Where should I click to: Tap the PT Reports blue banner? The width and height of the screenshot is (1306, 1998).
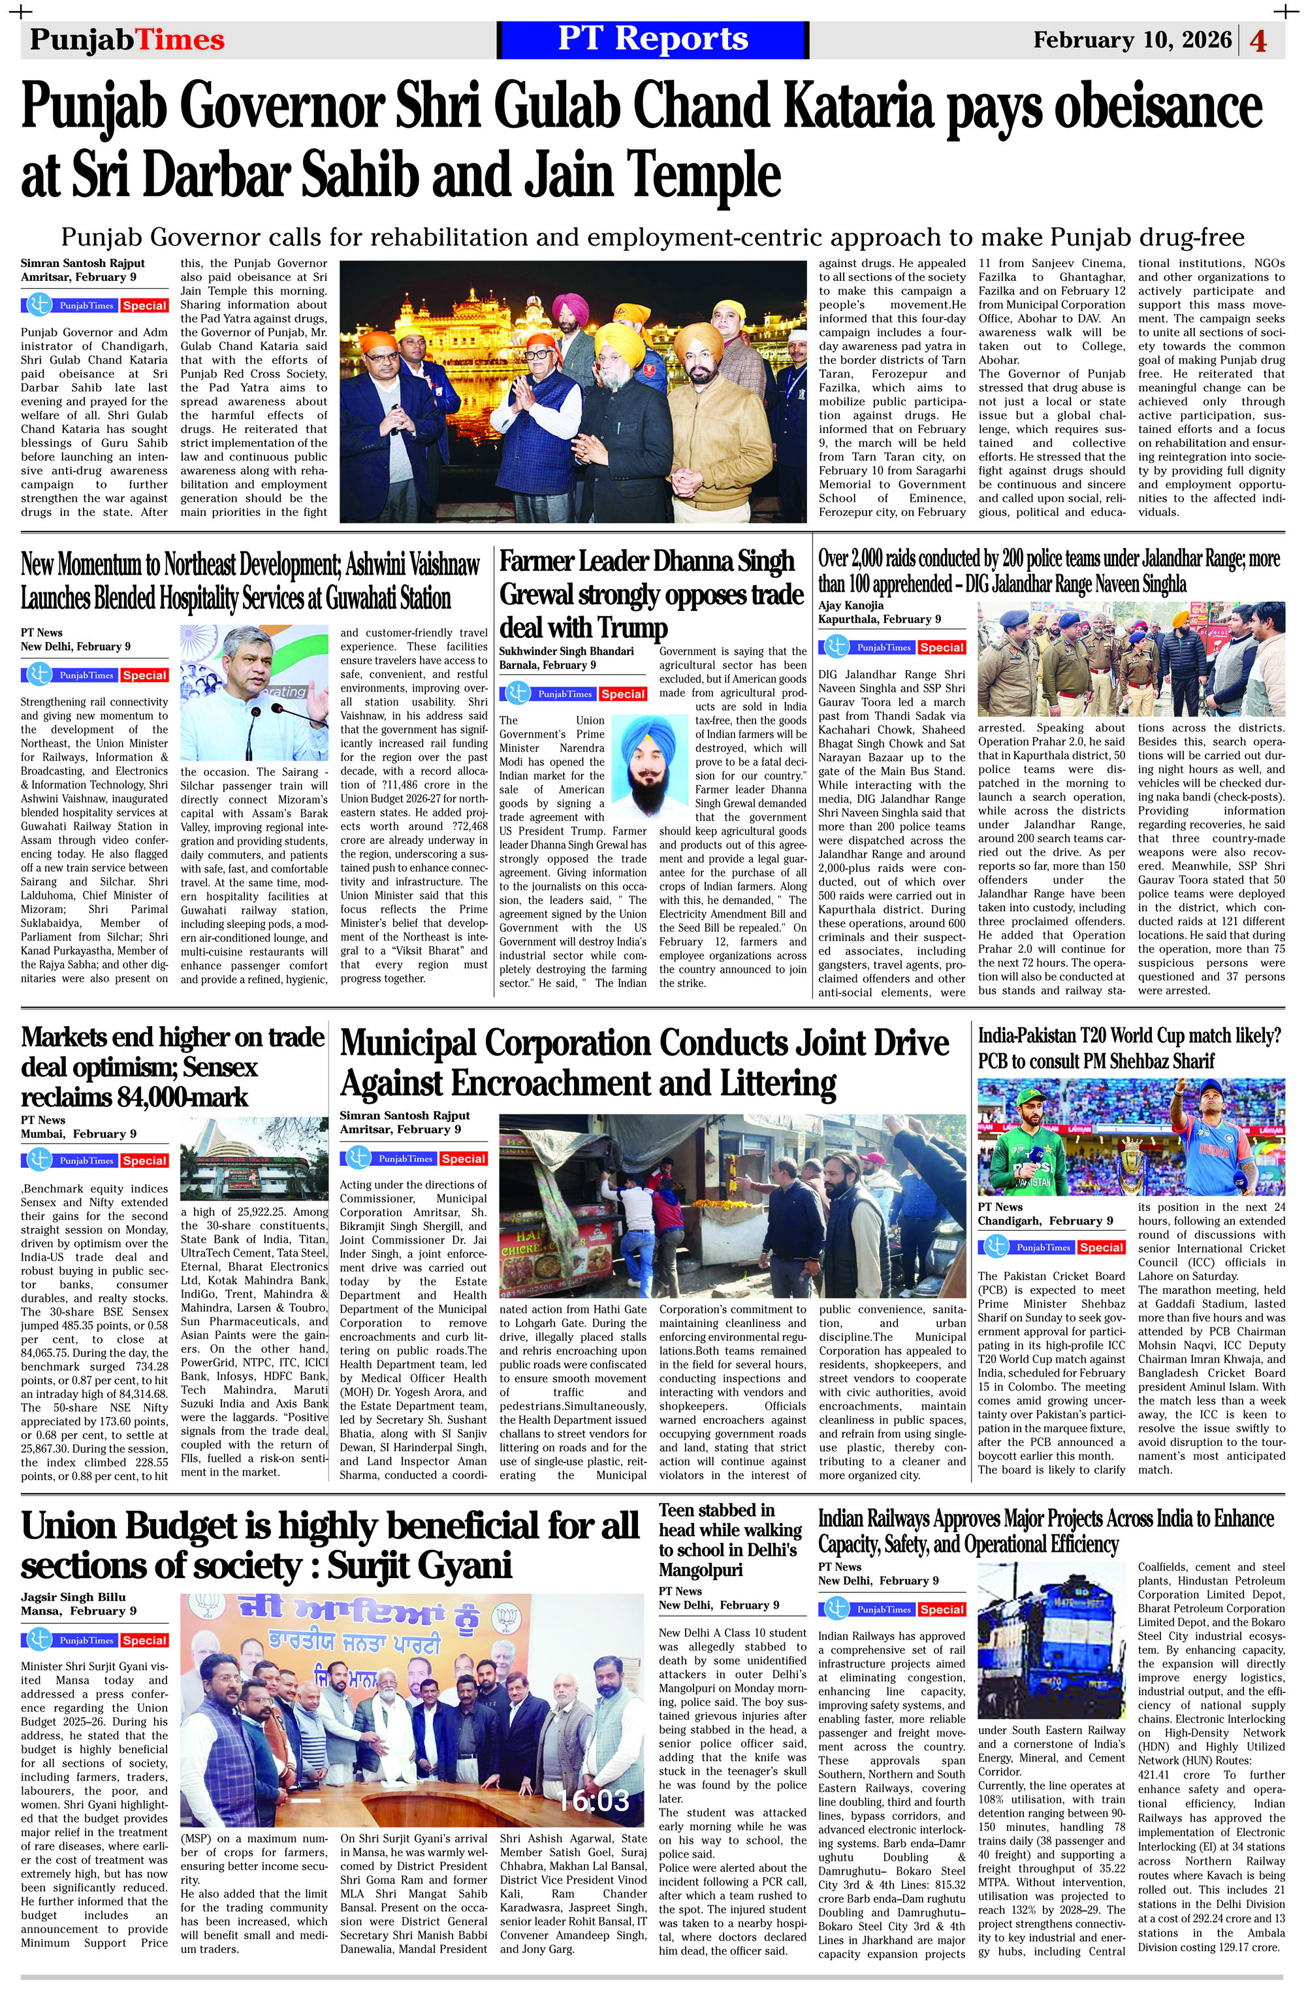point(652,39)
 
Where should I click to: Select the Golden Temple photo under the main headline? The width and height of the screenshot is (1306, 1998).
point(573,391)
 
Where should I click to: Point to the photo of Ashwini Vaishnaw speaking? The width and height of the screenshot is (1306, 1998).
point(253,692)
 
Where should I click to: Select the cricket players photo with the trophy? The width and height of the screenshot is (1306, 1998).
point(1130,1136)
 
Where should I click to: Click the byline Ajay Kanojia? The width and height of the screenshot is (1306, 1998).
point(850,605)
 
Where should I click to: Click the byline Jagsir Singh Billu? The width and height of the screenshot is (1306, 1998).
point(73,1597)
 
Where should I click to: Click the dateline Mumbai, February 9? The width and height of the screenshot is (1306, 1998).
point(78,1133)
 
